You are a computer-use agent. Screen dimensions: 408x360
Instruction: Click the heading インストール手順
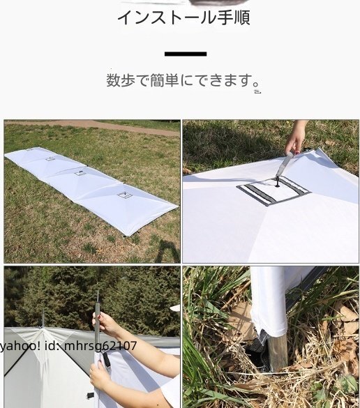click(x=183, y=17)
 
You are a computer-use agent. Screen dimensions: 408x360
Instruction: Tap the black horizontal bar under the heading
click(x=186, y=54)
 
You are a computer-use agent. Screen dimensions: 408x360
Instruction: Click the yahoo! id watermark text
click(x=69, y=345)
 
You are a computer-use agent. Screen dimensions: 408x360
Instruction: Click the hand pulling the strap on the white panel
click(x=297, y=137)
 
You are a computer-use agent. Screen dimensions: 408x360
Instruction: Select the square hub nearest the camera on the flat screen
click(x=126, y=195)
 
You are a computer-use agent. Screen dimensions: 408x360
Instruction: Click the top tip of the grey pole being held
click(x=98, y=292)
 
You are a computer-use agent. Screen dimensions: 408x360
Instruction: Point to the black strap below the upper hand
click(x=107, y=360)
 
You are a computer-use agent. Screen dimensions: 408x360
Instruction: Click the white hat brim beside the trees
click(x=174, y=308)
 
